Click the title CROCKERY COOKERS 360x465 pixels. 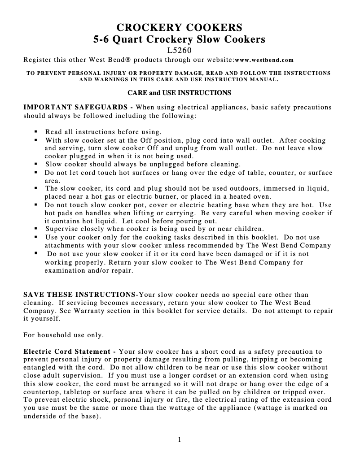point(179,26)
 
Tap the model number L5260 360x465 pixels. point(179,50)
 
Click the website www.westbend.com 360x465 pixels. point(264,60)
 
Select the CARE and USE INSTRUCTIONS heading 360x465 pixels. point(179,93)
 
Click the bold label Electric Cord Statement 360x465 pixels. point(68,351)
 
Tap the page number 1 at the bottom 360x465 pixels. point(179,439)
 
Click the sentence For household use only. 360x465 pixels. point(63,335)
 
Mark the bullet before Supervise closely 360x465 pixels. point(35,229)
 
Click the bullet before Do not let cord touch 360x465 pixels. point(35,173)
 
